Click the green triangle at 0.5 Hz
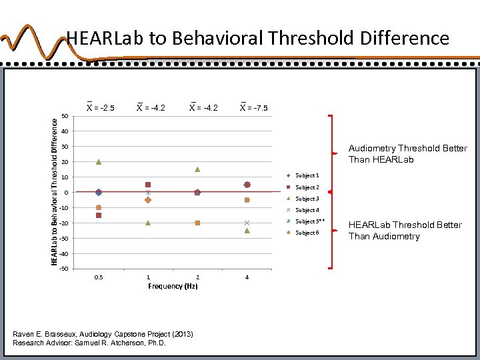click(x=99, y=161)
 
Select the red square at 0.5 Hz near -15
click(x=99, y=215)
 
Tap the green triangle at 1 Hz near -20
click(x=148, y=223)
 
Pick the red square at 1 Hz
click(x=148, y=185)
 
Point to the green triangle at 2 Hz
click(x=197, y=169)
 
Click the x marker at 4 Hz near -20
click(x=247, y=223)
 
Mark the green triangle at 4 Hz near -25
click(x=247, y=231)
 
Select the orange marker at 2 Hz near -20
click(x=197, y=223)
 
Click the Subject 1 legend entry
click(x=306, y=175)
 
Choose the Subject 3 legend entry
click(x=306, y=199)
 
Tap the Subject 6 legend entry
click(x=306, y=233)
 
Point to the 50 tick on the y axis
click(x=64, y=116)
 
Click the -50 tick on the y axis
click(x=63, y=269)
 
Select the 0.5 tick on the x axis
click(x=99, y=277)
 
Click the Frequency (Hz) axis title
click(x=173, y=286)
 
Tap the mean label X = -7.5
click(x=253, y=107)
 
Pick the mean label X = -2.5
click(x=100, y=107)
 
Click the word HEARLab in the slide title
click(x=106, y=38)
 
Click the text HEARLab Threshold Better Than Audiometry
click(x=405, y=230)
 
